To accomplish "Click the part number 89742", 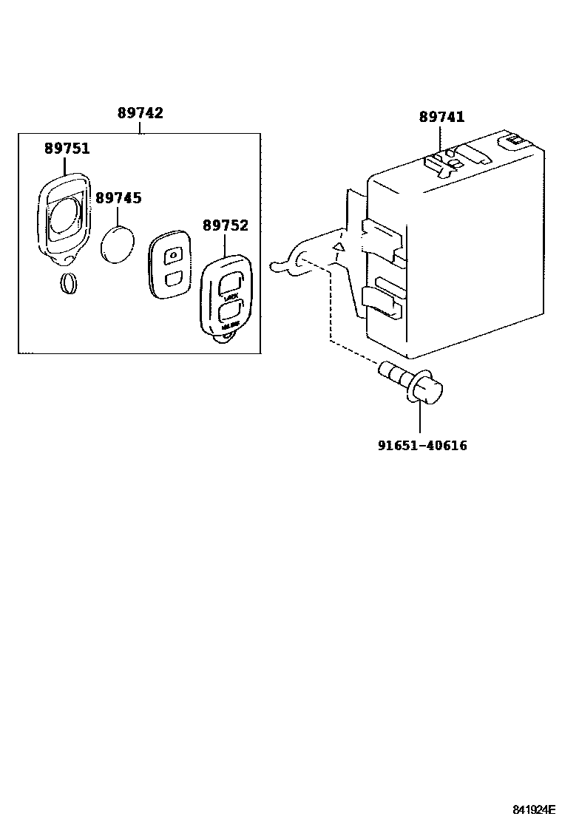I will tap(140, 113).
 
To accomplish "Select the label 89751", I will tap(67, 148).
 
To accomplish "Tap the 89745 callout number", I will tap(118, 198).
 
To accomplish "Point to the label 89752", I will tap(226, 225).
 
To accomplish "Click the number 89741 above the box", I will tap(441, 117).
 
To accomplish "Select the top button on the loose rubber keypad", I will tap(172, 255).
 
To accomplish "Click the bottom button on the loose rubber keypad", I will tap(170, 279).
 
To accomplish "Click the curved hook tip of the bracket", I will tap(274, 264).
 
